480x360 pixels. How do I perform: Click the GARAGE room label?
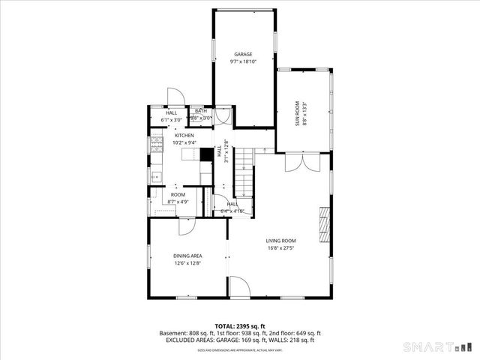[x=242, y=54]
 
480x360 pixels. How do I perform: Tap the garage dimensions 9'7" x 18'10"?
[x=242, y=61]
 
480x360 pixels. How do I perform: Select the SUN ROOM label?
[x=297, y=116]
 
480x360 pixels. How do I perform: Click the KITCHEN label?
[x=184, y=135]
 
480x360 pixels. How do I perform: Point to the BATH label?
[x=201, y=112]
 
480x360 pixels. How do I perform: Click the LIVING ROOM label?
[x=280, y=240]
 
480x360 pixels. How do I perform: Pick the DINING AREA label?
[x=187, y=255]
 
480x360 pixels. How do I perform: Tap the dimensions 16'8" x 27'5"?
[x=280, y=247]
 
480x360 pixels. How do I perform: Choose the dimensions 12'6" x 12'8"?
[x=187, y=262]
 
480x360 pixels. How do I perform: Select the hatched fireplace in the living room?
[x=324, y=225]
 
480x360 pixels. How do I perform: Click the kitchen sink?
[x=155, y=177]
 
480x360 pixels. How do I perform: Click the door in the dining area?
[x=189, y=227]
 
